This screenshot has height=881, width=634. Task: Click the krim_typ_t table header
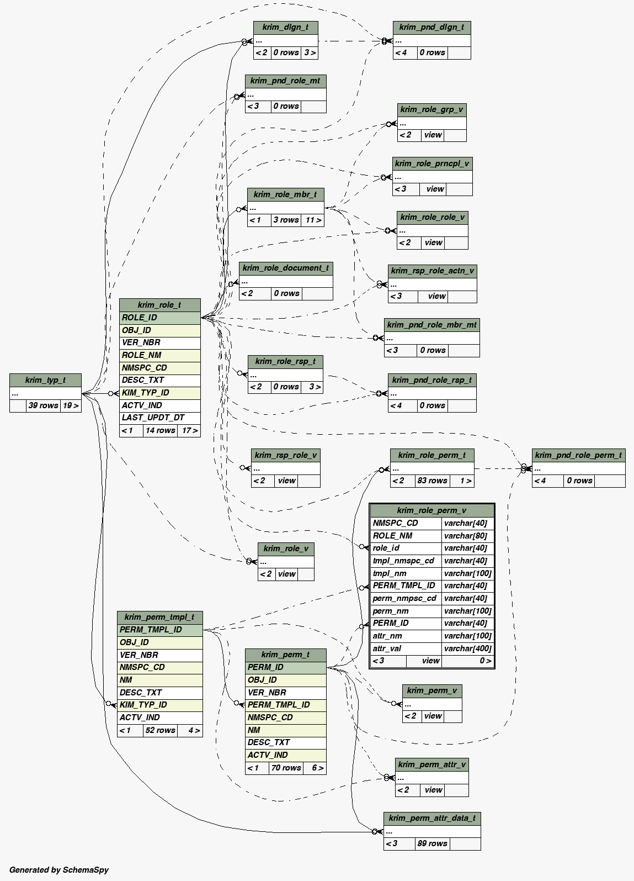click(x=45, y=380)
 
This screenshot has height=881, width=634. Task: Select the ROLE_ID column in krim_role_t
click(x=159, y=318)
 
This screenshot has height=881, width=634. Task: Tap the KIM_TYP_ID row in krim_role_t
click(x=159, y=393)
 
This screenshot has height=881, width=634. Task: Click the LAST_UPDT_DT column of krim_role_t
click(x=159, y=418)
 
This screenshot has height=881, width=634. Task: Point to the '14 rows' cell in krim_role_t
click(x=160, y=430)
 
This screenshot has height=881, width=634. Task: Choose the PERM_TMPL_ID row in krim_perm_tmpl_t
click(x=159, y=630)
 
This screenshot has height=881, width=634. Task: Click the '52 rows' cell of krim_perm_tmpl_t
click(x=160, y=730)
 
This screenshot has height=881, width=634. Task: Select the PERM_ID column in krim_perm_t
click(x=285, y=667)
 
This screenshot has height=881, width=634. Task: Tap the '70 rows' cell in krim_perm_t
click(x=286, y=768)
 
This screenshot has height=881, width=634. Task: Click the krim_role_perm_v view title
click(x=431, y=510)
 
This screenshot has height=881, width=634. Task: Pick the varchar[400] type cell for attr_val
click(x=467, y=648)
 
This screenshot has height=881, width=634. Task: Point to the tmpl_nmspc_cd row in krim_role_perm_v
click(x=406, y=561)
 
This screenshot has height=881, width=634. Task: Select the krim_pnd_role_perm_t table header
click(x=578, y=455)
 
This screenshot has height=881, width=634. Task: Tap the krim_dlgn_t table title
click(x=285, y=27)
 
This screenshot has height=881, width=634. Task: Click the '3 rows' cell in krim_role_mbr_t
click(x=286, y=220)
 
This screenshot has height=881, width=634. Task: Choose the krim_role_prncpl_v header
click(x=432, y=163)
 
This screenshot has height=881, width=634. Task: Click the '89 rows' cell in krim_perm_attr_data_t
click(x=432, y=843)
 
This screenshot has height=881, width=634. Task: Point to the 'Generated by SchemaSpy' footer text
click(x=59, y=870)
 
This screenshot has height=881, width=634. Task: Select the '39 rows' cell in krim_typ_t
click(x=43, y=405)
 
